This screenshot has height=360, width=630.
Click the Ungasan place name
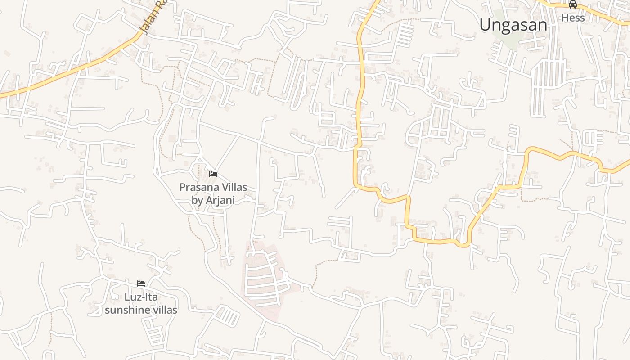click(x=513, y=25)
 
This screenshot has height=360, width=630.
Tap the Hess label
click(x=573, y=18)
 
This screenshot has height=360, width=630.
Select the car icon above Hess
click(x=573, y=5)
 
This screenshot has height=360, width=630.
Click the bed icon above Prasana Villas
click(x=213, y=174)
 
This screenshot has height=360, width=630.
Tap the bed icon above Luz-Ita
click(x=141, y=283)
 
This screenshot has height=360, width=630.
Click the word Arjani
click(x=220, y=200)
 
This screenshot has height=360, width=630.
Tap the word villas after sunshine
click(x=165, y=310)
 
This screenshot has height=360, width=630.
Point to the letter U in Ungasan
click(x=485, y=24)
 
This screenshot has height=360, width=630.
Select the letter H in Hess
click(x=564, y=18)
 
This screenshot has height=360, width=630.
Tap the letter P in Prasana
click(x=182, y=187)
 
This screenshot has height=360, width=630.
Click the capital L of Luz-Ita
click(x=127, y=297)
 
